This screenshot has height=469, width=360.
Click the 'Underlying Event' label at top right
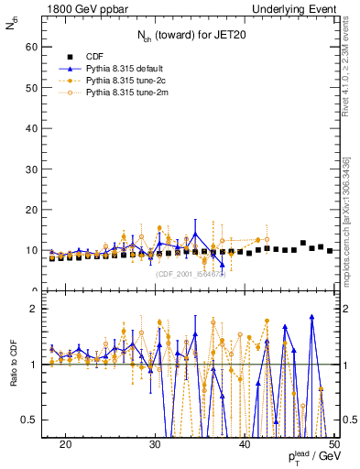295,9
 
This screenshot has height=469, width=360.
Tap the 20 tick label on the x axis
65,443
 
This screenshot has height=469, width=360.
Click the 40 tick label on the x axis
245,443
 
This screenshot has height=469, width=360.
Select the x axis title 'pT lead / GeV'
310,457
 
